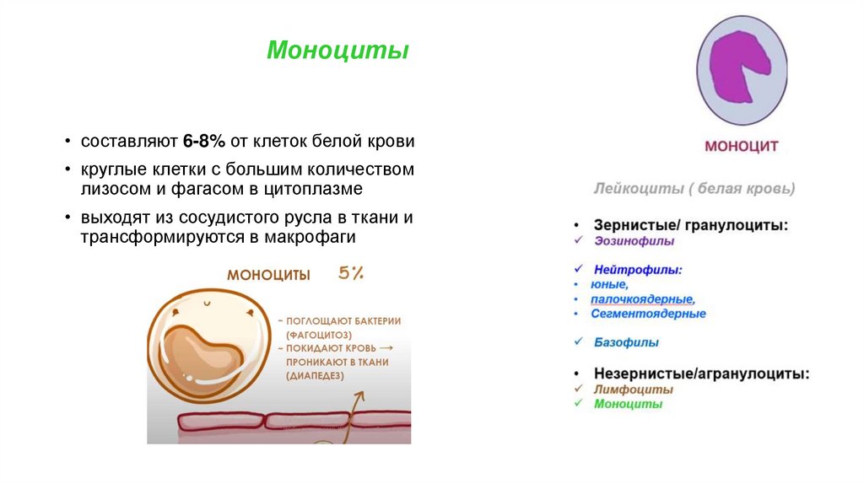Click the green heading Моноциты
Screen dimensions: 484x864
(337, 51)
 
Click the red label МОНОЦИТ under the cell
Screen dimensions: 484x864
(742, 147)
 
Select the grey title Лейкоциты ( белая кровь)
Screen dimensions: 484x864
(694, 189)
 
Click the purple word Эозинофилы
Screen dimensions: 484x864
(634, 241)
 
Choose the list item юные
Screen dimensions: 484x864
(609, 285)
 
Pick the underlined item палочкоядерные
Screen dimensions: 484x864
(643, 299)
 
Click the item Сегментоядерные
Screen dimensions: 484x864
(648, 314)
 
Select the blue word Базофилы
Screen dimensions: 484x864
(626, 343)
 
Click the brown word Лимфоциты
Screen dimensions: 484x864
(633, 390)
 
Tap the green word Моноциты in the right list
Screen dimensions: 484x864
(628, 404)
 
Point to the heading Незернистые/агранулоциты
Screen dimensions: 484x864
(701, 373)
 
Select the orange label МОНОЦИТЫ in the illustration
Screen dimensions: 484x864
(268, 275)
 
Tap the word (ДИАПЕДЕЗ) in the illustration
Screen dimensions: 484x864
(316, 375)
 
